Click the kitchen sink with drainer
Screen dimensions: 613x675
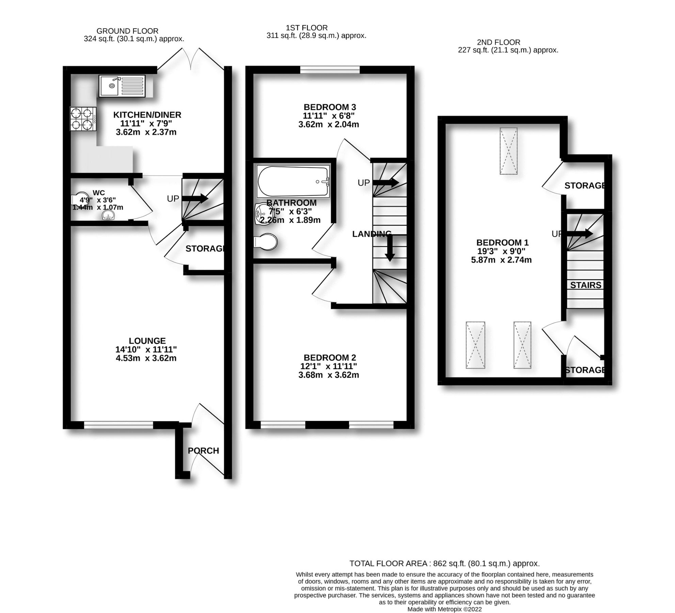(x=122, y=86)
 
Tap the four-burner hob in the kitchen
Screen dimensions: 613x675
(x=83, y=119)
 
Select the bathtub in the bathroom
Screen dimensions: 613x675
(x=293, y=181)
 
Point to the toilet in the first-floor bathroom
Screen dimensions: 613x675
(x=266, y=242)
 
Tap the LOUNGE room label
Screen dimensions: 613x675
(x=147, y=341)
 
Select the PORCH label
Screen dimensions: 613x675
(x=203, y=451)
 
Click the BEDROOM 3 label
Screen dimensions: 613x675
(x=330, y=107)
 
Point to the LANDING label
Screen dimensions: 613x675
(x=372, y=234)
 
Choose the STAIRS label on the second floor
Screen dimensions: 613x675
(x=586, y=285)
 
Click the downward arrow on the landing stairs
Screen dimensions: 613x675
(x=390, y=249)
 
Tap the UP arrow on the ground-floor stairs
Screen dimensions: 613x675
(x=195, y=198)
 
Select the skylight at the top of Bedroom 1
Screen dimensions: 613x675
(x=508, y=151)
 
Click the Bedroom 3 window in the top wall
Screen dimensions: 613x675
(x=330, y=70)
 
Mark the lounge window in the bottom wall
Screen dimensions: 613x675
(x=119, y=425)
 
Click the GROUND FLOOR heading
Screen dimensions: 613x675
(x=127, y=31)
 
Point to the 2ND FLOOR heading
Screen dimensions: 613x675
(x=498, y=42)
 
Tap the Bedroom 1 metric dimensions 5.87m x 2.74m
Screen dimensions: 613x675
(x=501, y=260)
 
